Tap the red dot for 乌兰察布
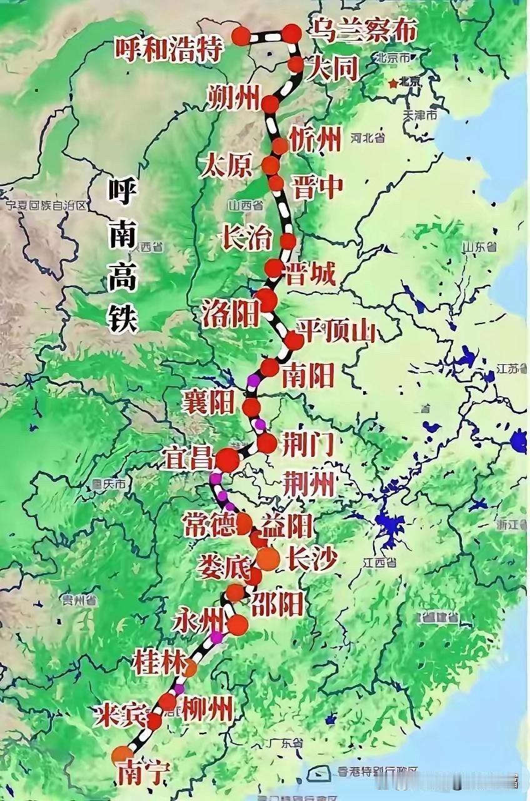(x=292, y=33)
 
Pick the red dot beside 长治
(x=288, y=241)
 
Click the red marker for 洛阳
(x=266, y=300)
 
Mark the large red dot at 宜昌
(x=227, y=460)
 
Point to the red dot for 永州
(x=237, y=624)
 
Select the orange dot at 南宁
(x=122, y=755)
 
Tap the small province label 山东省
(x=479, y=246)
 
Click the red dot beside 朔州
(x=271, y=104)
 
